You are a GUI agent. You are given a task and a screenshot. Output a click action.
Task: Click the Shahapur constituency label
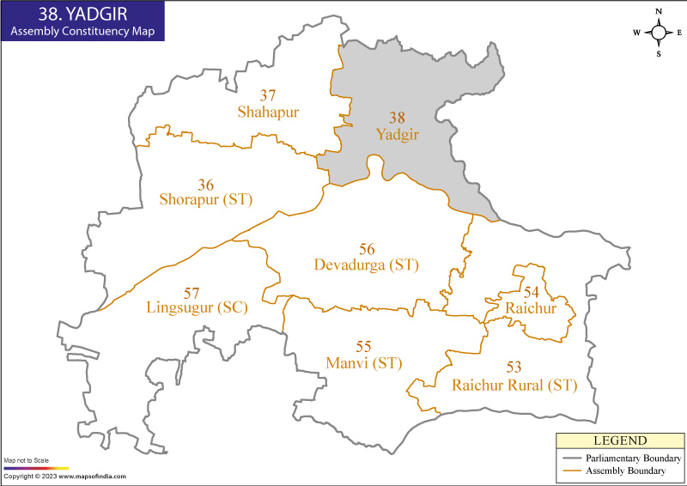pos(268,112)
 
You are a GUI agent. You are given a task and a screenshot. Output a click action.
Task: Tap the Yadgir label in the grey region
pos(396,134)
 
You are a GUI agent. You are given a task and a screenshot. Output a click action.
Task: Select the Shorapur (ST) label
pos(206,199)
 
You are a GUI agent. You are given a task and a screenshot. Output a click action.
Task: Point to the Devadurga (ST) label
pos(367,264)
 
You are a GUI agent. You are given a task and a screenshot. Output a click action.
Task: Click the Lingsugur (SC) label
pos(197,307)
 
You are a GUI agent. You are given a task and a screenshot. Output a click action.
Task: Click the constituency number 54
pos(532,293)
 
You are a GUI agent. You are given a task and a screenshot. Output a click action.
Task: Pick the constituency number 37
pos(268,95)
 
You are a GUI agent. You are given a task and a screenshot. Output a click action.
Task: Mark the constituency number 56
pos(367,249)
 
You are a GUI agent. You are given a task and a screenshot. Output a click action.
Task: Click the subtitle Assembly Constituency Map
pos(79,32)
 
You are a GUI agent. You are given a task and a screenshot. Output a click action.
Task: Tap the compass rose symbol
pos(659,33)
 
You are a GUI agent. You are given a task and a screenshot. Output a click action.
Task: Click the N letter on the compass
pos(659,11)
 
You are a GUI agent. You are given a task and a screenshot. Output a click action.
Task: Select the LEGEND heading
pos(619,440)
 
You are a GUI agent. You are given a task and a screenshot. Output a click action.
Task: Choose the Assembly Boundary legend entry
pos(625,471)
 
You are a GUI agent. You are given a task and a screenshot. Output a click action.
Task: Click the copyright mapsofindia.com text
pos(64,477)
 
